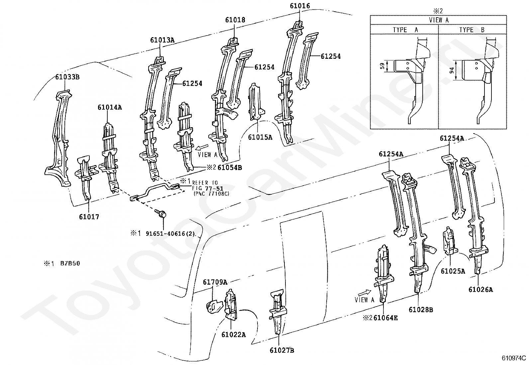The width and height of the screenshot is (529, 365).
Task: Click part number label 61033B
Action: pos(67,77)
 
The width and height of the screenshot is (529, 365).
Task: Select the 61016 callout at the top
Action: pos(300,6)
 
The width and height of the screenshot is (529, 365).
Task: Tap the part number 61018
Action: pos(235,20)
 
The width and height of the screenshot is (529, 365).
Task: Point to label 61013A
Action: pos(162,40)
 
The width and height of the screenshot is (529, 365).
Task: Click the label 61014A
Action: pos(110,107)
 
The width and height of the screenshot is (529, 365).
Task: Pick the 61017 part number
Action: pos(89,217)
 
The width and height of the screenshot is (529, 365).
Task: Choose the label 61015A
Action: pos(260,137)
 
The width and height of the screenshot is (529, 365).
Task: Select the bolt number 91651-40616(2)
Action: pos(170,234)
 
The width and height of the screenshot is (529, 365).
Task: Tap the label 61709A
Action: pos(215,282)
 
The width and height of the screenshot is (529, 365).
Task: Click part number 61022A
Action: pos(234,334)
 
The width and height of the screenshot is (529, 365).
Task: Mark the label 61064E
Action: pos(386,318)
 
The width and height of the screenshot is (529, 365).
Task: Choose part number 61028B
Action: pos(421,310)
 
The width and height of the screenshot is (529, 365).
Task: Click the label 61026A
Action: pos(481,290)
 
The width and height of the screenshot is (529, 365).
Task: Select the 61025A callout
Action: pos(453,271)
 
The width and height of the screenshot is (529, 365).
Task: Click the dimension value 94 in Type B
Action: pos(452,70)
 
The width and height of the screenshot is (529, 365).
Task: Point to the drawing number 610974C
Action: pos(514,358)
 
